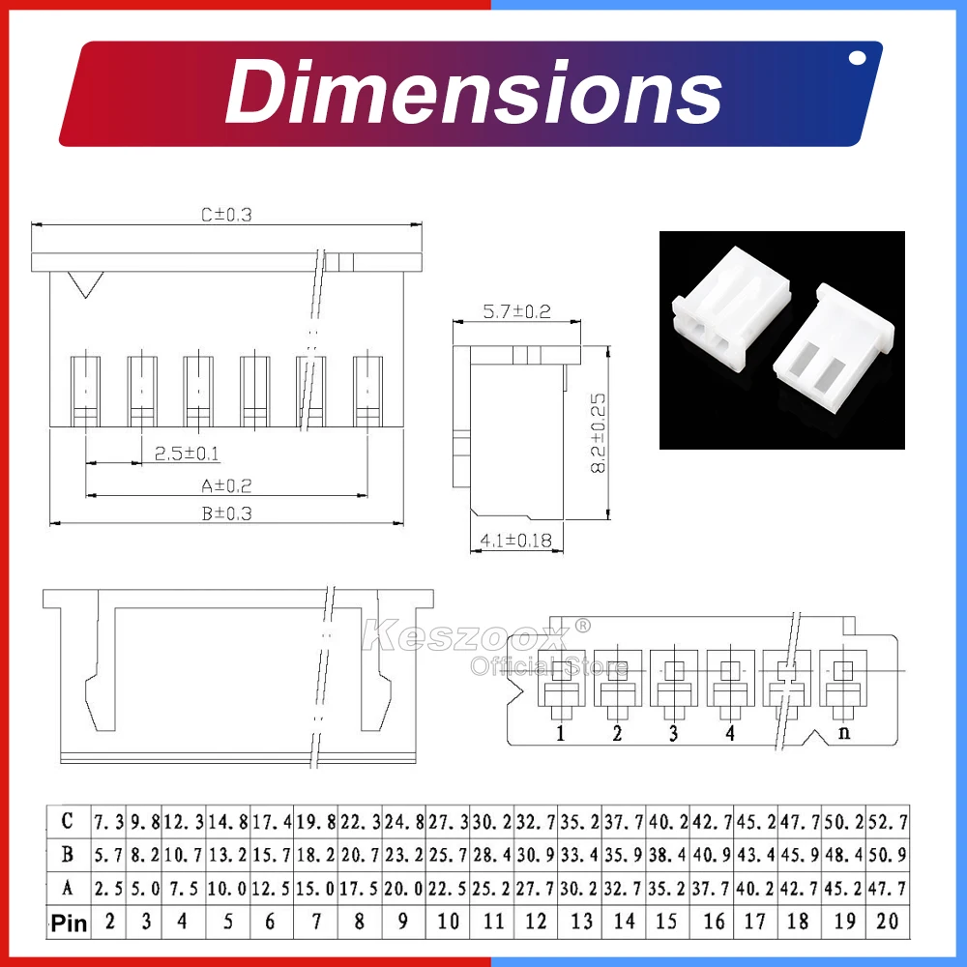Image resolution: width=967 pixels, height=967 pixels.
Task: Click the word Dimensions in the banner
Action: pos(474,93)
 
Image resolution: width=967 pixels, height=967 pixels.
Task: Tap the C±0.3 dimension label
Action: pos(226,215)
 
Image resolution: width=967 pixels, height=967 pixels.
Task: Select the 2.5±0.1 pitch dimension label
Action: pos(187,454)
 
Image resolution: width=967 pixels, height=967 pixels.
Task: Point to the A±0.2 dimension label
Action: pos(226,486)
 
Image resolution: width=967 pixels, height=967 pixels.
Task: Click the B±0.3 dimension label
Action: pos(226,513)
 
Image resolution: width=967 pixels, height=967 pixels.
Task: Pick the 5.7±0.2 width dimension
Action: pos(516,311)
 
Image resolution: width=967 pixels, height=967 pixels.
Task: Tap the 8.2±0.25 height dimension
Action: pos(598,433)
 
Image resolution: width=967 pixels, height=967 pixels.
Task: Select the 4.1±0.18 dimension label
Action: pos(516,541)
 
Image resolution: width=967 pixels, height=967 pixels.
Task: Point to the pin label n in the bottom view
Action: pos(844,733)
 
